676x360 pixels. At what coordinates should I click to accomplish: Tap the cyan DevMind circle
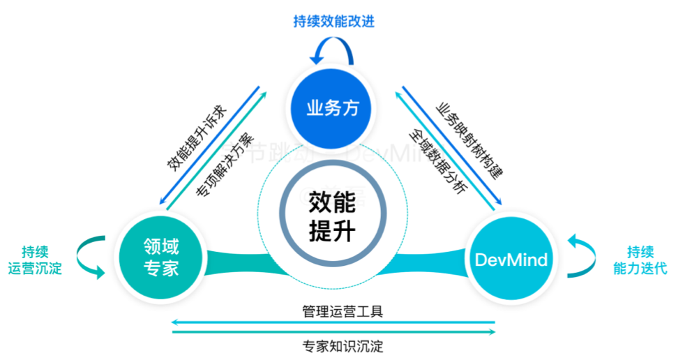click(511, 260)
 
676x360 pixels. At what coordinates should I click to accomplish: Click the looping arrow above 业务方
click(332, 50)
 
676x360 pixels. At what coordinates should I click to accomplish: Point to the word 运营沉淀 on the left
click(35, 268)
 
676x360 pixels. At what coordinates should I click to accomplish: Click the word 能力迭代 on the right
click(640, 268)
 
